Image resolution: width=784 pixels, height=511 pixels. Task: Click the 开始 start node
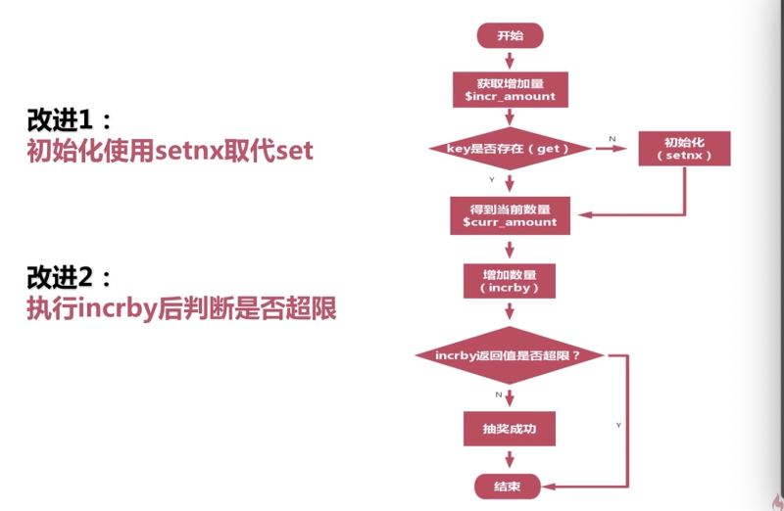point(510,35)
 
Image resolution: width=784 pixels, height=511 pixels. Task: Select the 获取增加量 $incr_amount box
point(510,88)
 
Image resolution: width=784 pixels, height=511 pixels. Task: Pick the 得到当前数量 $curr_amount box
point(510,214)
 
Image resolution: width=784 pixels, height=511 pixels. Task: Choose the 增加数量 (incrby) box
point(510,282)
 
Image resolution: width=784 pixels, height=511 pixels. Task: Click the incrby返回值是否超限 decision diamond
point(510,355)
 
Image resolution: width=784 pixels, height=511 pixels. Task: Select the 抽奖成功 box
point(510,429)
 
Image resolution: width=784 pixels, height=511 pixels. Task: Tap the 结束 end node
point(510,485)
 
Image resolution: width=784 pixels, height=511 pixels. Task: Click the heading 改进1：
point(70,120)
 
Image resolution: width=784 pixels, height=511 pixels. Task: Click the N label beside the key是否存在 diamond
point(612,140)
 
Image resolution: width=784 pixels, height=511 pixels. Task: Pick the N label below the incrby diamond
point(499,394)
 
